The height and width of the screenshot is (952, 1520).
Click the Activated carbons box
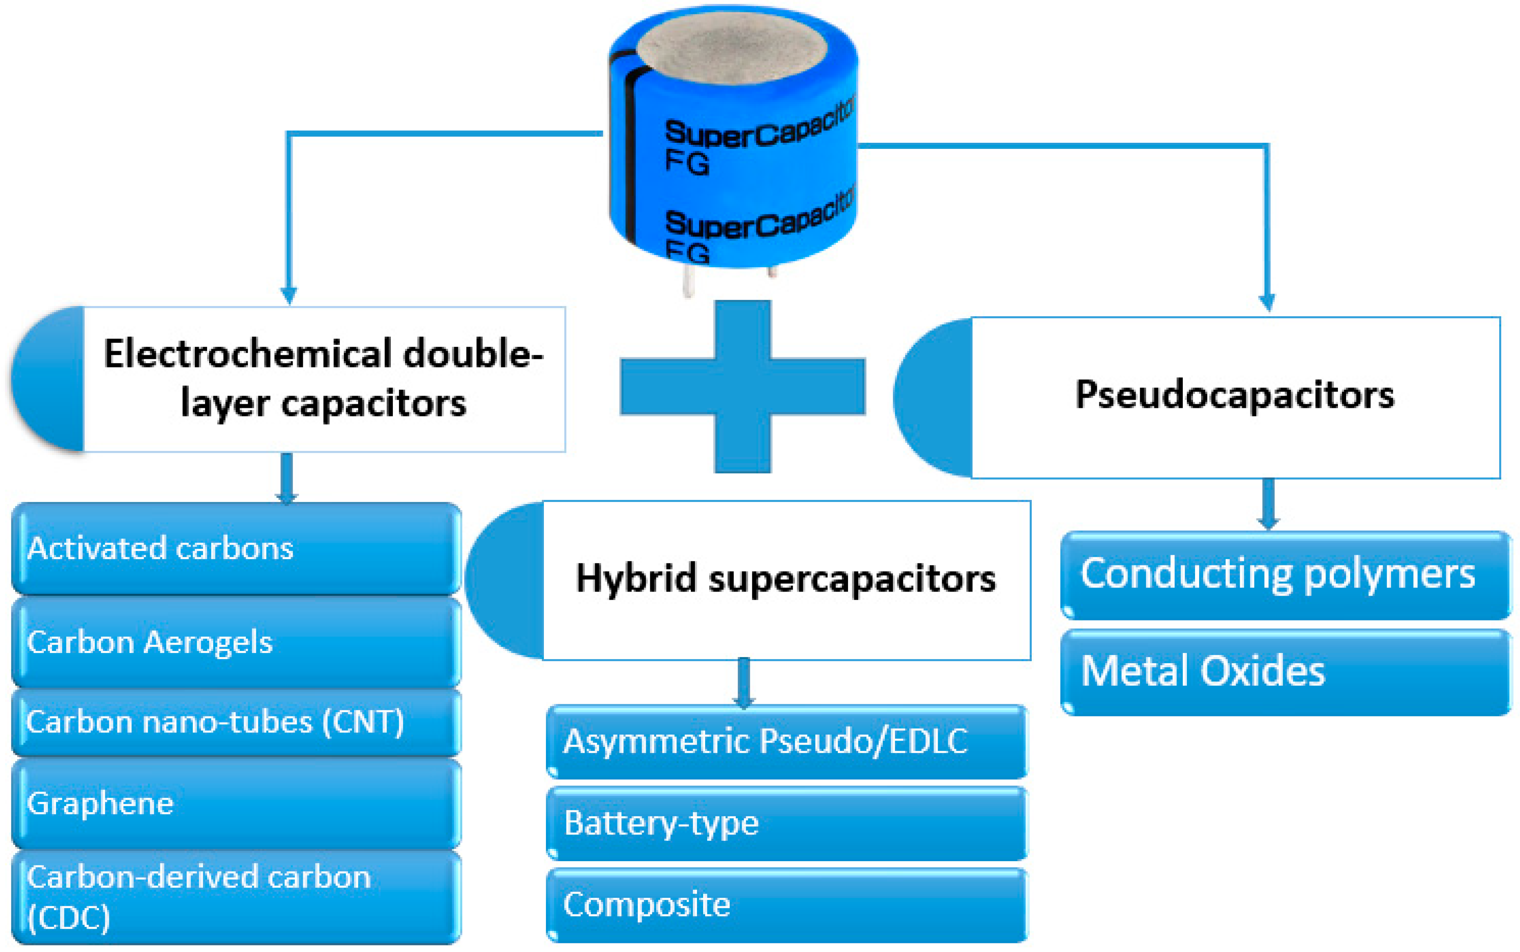click(x=236, y=548)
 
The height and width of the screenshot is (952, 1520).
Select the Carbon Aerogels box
click(x=236, y=642)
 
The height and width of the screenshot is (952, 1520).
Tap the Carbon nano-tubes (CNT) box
click(x=236, y=722)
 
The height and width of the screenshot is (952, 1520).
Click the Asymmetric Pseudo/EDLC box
click(x=787, y=741)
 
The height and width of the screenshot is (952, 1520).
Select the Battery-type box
click(x=787, y=823)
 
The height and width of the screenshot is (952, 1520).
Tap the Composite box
click(x=787, y=905)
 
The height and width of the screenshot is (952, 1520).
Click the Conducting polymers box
click(x=1285, y=574)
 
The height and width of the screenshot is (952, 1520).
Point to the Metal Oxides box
click(x=1285, y=671)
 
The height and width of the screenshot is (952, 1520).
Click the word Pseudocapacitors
click(x=1234, y=396)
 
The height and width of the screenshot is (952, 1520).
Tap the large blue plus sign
click(x=742, y=387)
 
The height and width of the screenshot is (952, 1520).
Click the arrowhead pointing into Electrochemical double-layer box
click(x=289, y=295)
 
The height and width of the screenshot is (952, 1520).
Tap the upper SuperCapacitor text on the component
click(x=755, y=129)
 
